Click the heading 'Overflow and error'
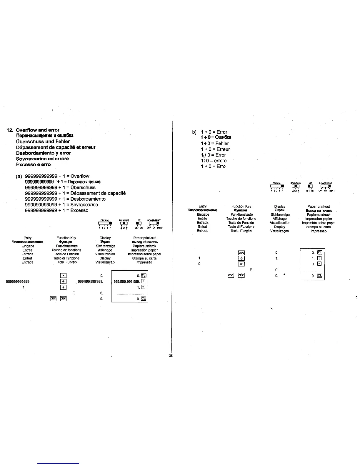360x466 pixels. click(x=37, y=130)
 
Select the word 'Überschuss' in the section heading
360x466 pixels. click(x=30, y=142)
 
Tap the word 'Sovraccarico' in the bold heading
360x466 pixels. click(x=30, y=159)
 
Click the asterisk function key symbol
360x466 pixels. click(x=63, y=276)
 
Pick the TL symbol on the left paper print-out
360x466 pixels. click(x=144, y=276)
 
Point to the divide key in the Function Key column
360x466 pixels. click(x=241, y=259)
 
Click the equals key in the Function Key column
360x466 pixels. click(x=241, y=264)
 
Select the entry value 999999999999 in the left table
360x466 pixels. click(x=18, y=282)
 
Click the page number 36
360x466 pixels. click(x=171, y=356)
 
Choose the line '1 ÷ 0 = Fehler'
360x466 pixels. click(x=214, y=144)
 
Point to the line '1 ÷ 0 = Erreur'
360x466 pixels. click(x=215, y=149)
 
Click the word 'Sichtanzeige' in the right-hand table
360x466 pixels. click(x=280, y=215)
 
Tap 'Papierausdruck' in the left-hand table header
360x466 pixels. click(x=144, y=246)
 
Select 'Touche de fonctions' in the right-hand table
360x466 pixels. click(x=241, y=219)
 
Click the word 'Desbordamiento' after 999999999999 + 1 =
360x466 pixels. click(x=88, y=199)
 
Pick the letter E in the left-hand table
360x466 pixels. click(x=74, y=293)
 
